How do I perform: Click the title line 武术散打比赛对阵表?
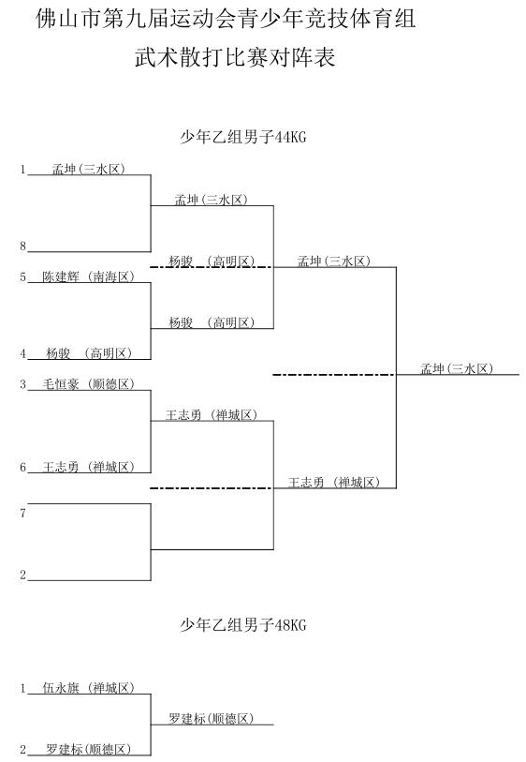pyautogui.click(x=235, y=57)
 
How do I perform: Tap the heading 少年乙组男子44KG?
pyautogui.click(x=243, y=137)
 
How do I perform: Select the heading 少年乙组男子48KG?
pyautogui.click(x=243, y=624)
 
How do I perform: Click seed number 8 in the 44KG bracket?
pyautogui.click(x=22, y=247)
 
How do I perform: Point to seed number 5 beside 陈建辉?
pyautogui.click(x=22, y=277)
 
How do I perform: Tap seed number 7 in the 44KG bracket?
pyautogui.click(x=22, y=514)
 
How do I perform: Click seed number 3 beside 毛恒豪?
pyautogui.click(x=22, y=384)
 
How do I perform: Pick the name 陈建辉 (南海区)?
pyautogui.click(x=88, y=276)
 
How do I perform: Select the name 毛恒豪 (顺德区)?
pyautogui.click(x=88, y=384)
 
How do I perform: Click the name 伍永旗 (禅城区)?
pyautogui.click(x=88, y=688)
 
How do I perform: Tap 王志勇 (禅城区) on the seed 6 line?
pyautogui.click(x=88, y=467)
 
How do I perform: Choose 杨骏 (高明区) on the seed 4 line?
pyautogui.click(x=89, y=353)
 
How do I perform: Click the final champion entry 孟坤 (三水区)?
pyautogui.click(x=457, y=368)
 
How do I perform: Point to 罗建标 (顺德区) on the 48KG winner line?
pyautogui.click(x=212, y=718)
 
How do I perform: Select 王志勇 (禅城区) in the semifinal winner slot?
pyautogui.click(x=334, y=482)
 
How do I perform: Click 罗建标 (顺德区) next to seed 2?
pyautogui.click(x=88, y=749)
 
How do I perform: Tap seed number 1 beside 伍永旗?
pyautogui.click(x=22, y=688)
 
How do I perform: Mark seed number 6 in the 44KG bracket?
pyautogui.click(x=22, y=468)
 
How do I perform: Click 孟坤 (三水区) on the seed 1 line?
pyautogui.click(x=89, y=169)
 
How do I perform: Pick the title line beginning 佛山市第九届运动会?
pyautogui.click(x=226, y=19)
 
